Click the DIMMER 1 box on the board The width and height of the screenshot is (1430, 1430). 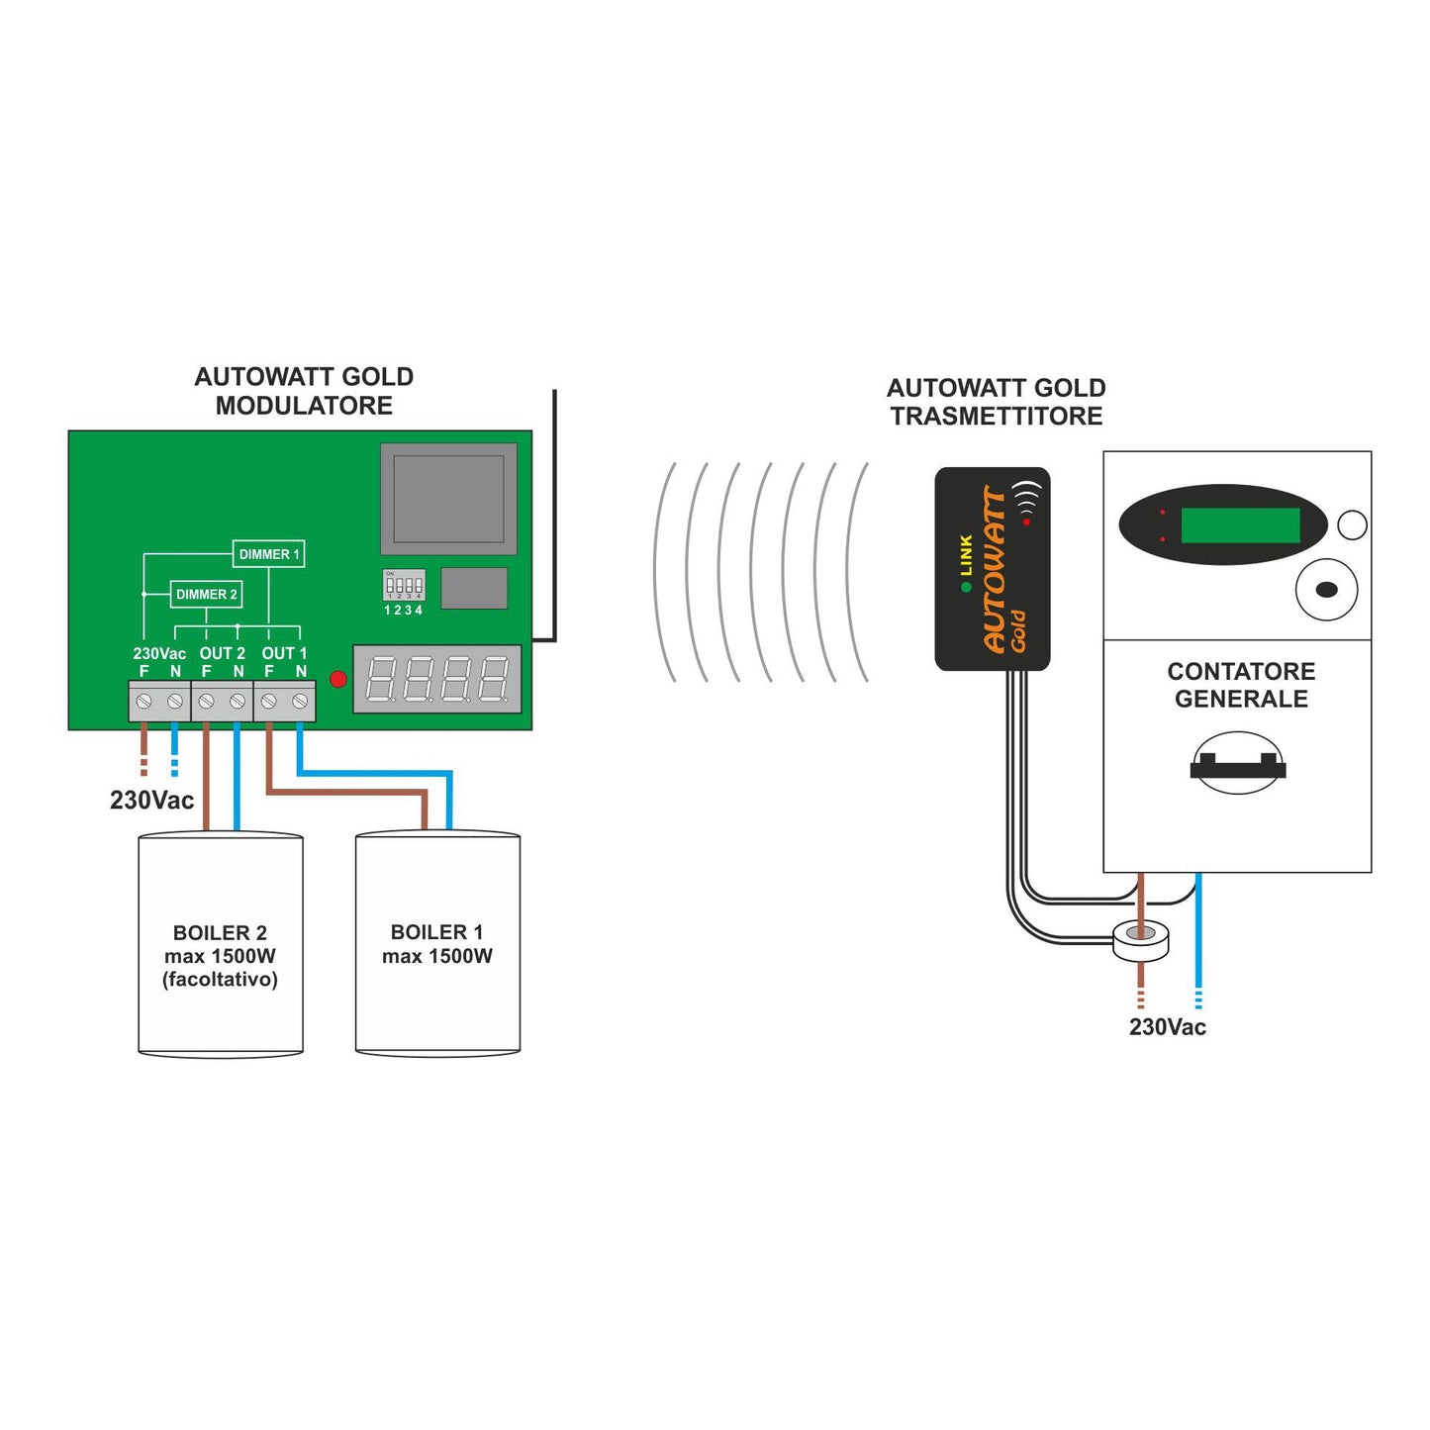[268, 554]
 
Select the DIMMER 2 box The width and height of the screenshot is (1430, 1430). [206, 594]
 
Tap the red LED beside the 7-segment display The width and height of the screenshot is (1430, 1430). [337, 679]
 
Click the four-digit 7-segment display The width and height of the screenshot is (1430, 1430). [437, 679]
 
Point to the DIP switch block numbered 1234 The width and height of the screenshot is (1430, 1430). [404, 585]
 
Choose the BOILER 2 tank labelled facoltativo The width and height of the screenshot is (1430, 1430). [220, 945]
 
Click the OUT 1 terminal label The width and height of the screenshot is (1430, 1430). [284, 653]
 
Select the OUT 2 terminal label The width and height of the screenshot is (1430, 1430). [222, 653]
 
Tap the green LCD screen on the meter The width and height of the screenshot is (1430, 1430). [1240, 525]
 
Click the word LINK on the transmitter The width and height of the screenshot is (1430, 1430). [966, 555]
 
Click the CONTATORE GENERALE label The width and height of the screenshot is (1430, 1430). [1241, 685]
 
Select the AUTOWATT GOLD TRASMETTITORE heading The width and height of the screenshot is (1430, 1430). [996, 402]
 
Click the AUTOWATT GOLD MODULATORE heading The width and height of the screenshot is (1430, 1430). [304, 391]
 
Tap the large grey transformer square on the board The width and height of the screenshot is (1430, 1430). [448, 498]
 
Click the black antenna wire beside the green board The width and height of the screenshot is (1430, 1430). [554, 515]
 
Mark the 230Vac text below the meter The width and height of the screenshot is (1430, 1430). [1167, 1027]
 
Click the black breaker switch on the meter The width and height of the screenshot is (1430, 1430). [1237, 766]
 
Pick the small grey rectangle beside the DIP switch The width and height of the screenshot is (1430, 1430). [474, 588]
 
